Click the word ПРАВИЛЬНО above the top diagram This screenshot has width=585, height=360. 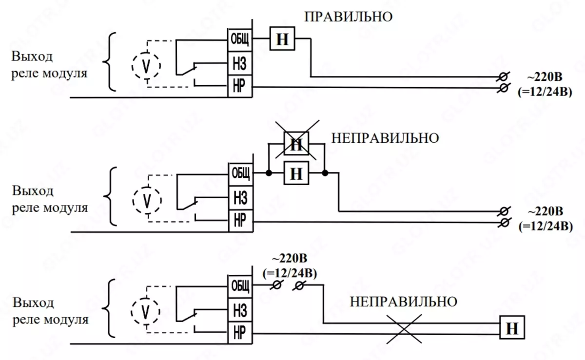[349, 18]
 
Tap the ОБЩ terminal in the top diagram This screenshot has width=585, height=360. [239, 40]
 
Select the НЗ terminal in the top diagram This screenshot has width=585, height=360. [239, 63]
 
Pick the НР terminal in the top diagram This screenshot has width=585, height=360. [239, 87]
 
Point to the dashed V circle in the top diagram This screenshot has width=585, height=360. [146, 65]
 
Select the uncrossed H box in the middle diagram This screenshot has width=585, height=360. [296, 173]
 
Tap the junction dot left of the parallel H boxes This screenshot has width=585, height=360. [269, 173]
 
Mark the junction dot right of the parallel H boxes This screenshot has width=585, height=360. [325, 173]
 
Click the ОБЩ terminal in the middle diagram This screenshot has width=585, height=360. [240, 173]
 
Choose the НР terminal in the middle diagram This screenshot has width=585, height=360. [240, 222]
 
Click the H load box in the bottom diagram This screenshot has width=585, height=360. [512, 329]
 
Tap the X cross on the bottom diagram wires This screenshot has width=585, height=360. [403, 329]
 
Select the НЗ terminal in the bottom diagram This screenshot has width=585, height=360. [239, 309]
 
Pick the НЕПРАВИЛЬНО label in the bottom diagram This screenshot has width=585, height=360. [404, 302]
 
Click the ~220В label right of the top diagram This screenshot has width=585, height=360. [544, 77]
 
